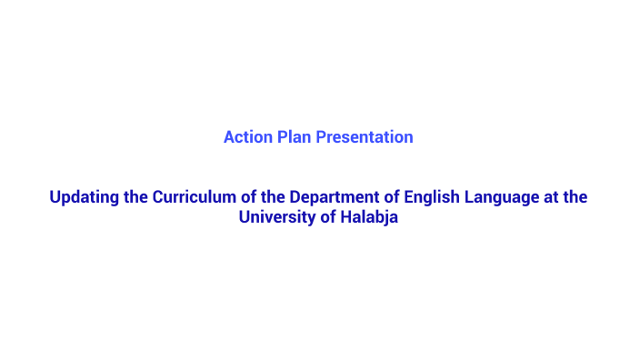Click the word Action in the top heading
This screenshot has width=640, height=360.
point(245,137)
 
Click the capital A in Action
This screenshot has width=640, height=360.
point(229,137)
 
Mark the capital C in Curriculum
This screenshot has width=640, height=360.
point(158,197)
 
